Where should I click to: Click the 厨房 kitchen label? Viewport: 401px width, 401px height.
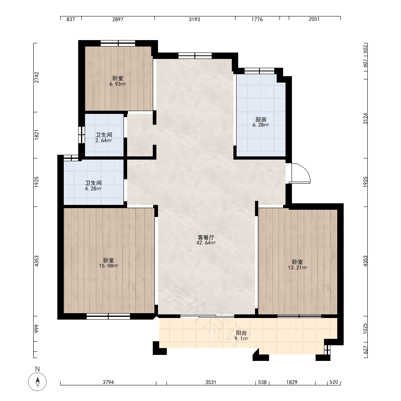[261, 119]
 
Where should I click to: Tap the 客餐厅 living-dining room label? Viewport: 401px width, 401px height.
[206, 237]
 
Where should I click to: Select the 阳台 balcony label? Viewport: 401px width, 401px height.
[241, 333]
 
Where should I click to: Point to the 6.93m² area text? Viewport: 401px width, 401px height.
[117, 84]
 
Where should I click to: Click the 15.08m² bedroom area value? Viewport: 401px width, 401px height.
[109, 266]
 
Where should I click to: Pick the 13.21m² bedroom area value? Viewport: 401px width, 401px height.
[298, 268]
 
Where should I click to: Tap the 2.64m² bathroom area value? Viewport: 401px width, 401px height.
[103, 140]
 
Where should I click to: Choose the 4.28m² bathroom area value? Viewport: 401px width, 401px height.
[93, 189]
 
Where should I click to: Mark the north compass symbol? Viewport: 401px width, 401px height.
[37, 382]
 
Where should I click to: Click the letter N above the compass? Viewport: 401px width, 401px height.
[38, 369]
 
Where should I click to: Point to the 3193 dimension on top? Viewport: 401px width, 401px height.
[194, 19]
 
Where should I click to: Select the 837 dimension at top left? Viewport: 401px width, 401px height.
[71, 19]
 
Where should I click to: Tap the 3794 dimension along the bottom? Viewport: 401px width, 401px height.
[108, 382]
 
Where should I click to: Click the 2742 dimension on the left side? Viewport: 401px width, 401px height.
[37, 77]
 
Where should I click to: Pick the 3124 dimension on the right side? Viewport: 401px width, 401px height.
[365, 119]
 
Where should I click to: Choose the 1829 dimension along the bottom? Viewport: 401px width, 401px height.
[292, 382]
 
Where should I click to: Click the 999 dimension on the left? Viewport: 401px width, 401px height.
[36, 329]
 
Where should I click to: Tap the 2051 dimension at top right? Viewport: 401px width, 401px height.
[314, 19]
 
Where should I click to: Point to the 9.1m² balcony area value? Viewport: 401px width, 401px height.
[241, 338]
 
